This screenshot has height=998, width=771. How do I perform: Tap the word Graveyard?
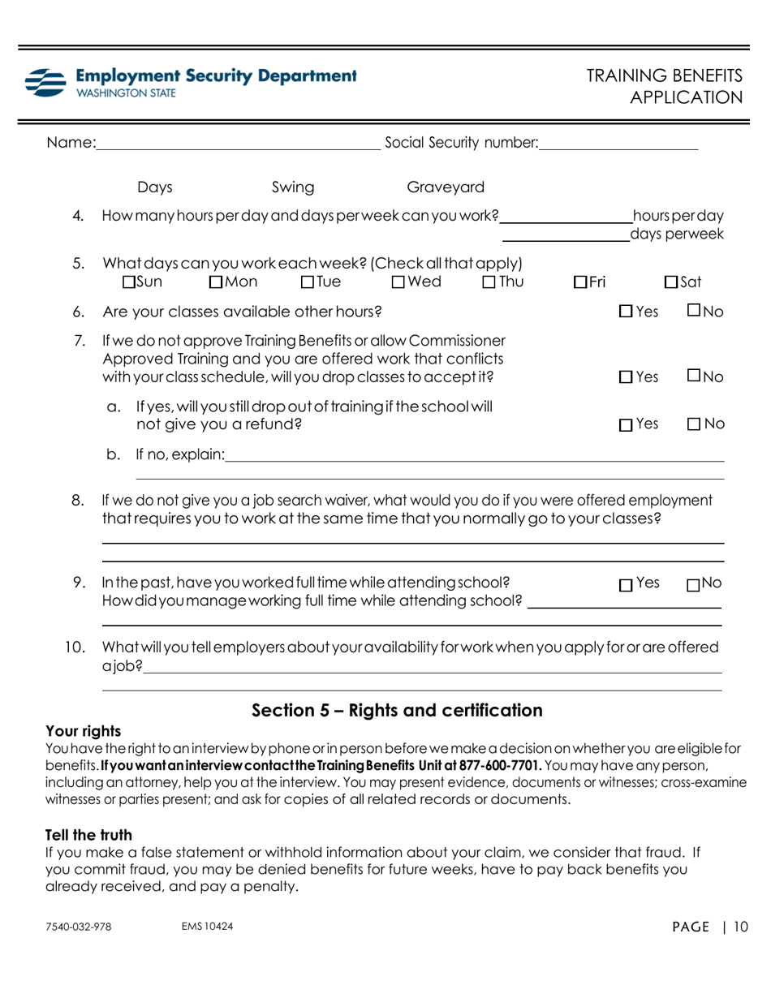pos(445,188)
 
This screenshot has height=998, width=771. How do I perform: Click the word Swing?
pos(292,188)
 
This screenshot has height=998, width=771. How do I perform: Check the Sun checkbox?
pos(128,282)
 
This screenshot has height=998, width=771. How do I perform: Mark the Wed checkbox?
pos(397,282)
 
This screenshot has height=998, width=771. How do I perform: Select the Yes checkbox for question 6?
pos(625,310)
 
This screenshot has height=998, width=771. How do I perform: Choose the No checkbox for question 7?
pos(692,376)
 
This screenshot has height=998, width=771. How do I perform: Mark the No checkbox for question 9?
pos(692,583)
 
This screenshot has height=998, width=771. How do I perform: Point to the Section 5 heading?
pos(397,711)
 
